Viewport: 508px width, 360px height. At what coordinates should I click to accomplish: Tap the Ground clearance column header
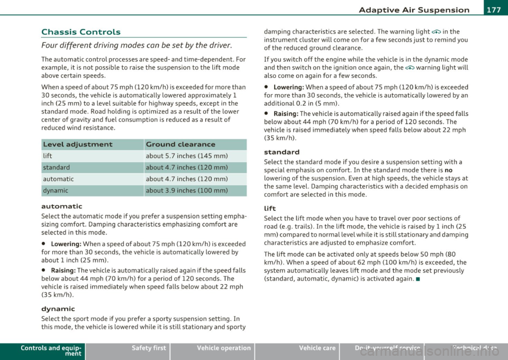(x=180, y=144)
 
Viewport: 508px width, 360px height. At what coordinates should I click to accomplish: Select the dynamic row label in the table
(x=55, y=191)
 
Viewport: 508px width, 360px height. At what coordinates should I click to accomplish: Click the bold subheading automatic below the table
(x=61, y=205)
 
